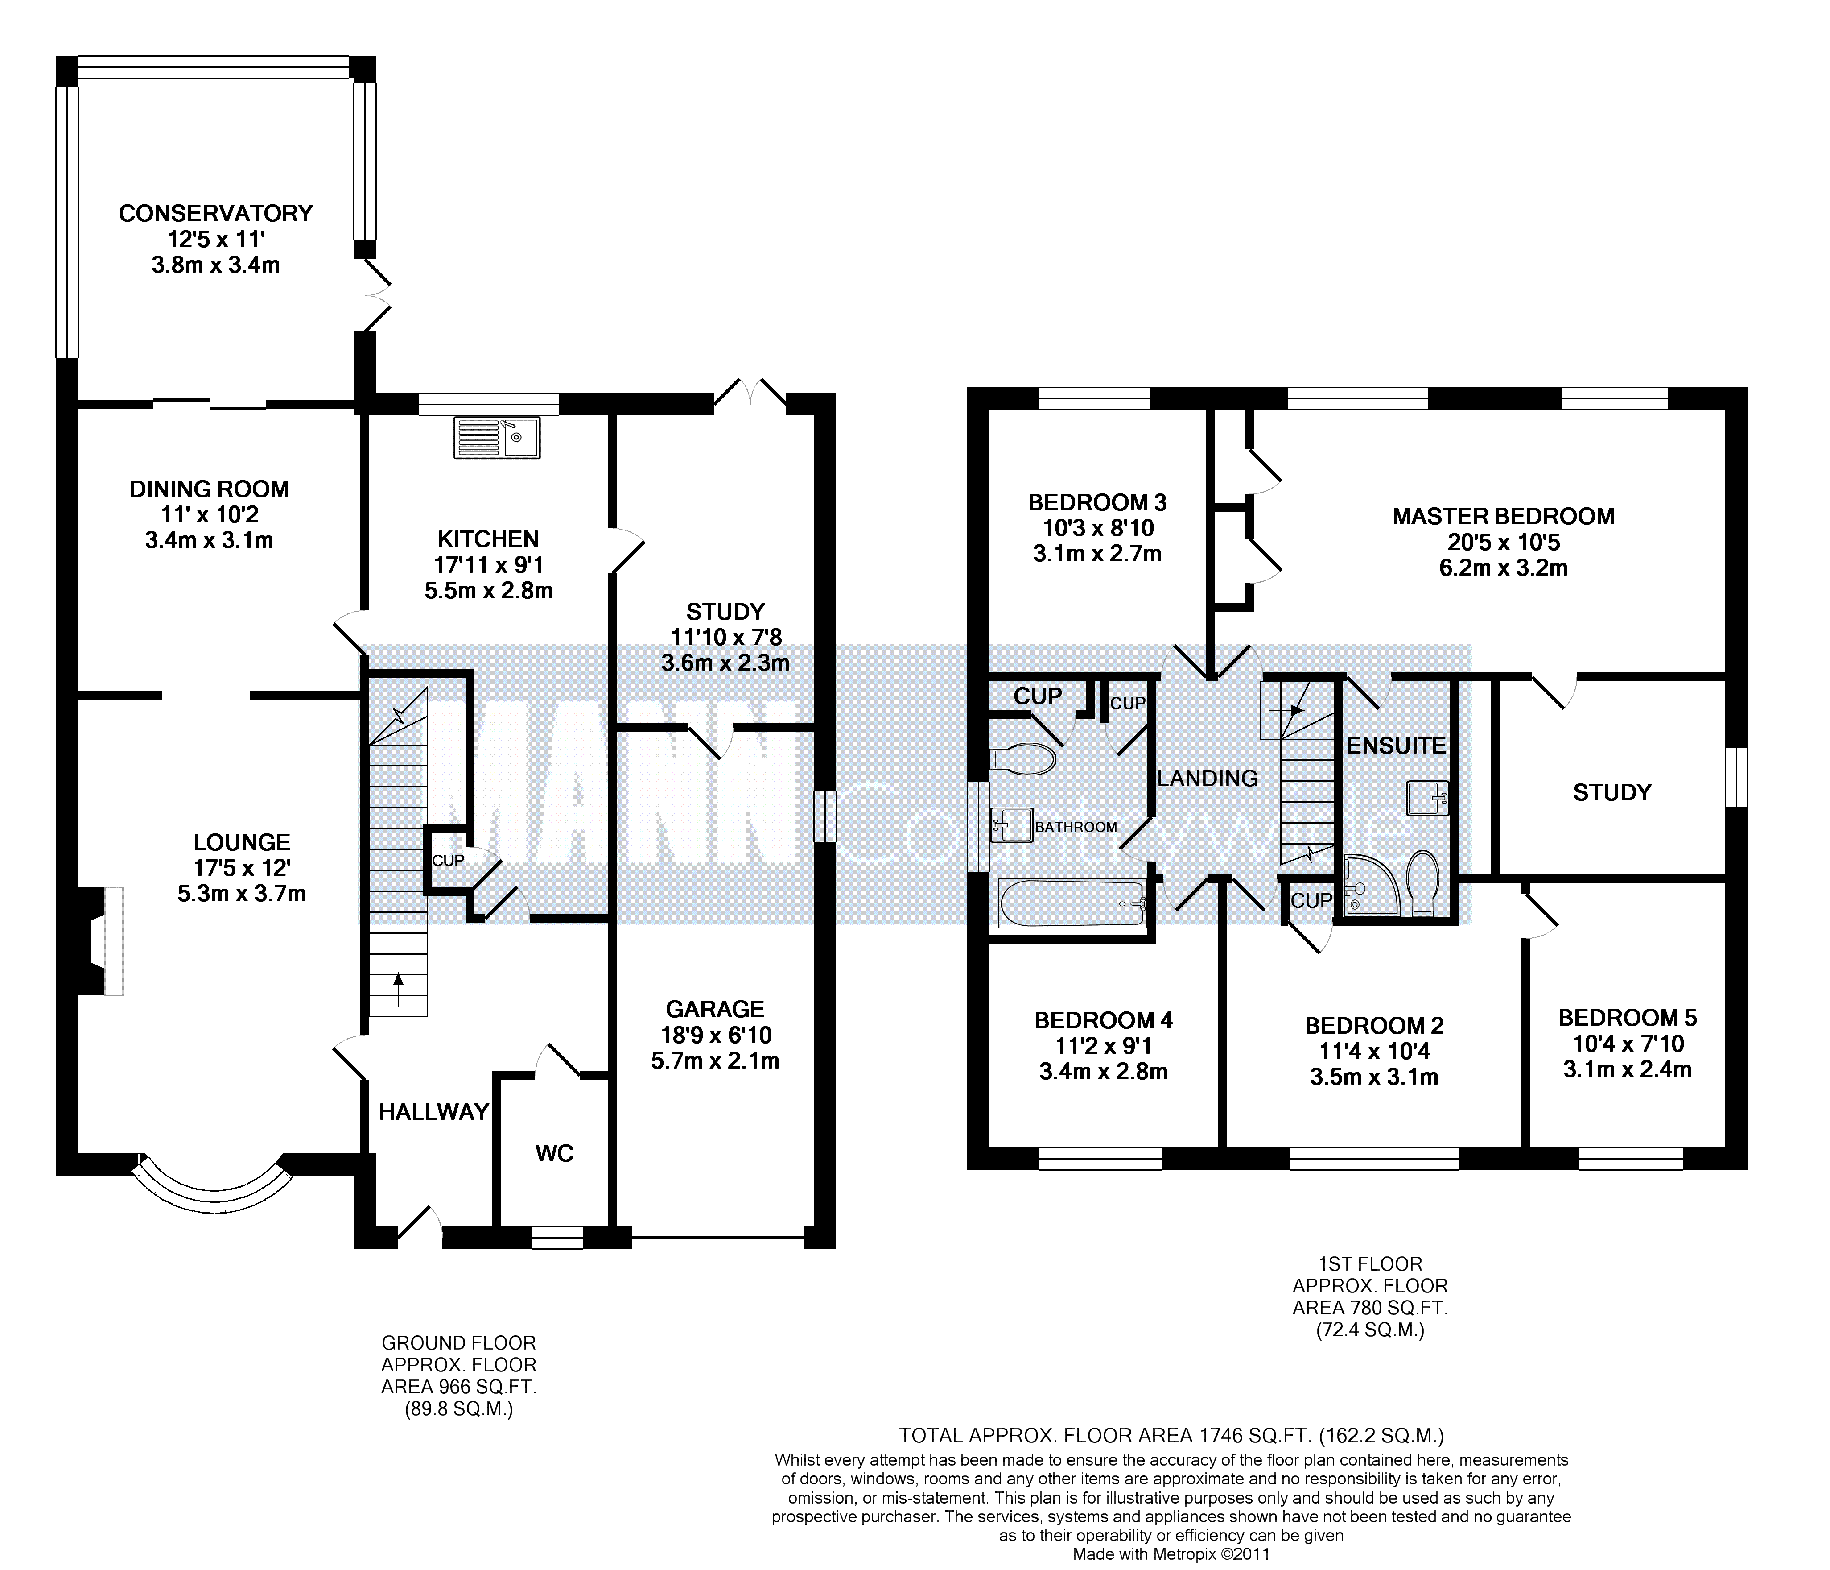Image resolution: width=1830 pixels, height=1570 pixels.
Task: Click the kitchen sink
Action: click(x=497, y=438)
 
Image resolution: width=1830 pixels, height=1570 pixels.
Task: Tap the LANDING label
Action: click(x=1208, y=779)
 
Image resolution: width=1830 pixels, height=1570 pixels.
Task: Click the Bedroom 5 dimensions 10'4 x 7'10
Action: click(x=1627, y=1044)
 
